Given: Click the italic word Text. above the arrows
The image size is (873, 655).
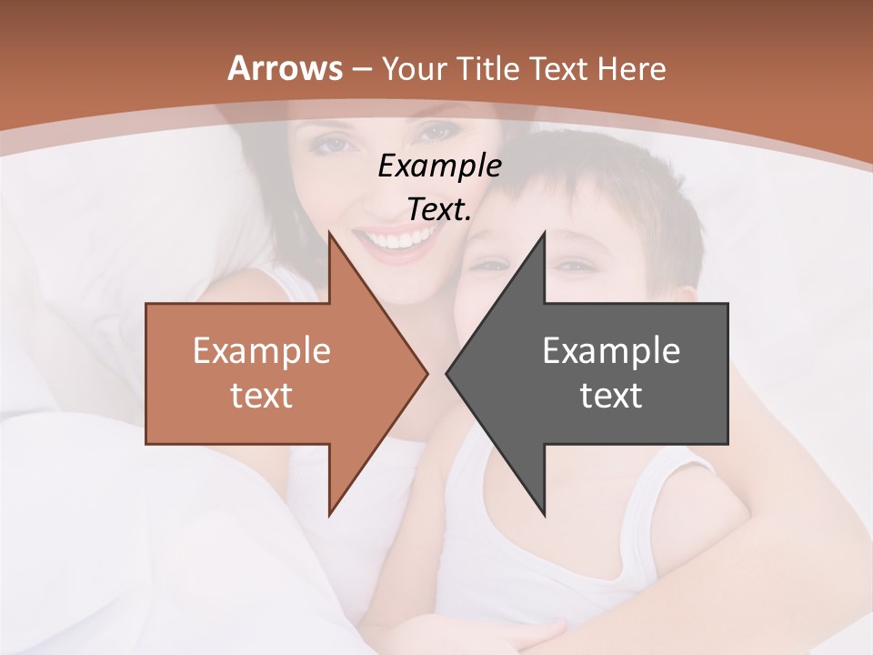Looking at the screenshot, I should (439, 210).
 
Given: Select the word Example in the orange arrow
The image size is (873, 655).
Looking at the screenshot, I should (262, 350).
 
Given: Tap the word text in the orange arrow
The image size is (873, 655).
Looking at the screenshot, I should (262, 396).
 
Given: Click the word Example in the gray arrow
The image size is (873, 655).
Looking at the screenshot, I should (611, 350).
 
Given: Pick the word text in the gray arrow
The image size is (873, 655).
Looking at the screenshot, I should (611, 396).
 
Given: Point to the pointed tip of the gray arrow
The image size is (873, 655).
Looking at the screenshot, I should (448, 373).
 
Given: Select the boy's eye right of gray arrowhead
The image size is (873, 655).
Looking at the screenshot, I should (574, 266).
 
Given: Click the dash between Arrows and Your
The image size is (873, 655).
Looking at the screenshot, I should (362, 68).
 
